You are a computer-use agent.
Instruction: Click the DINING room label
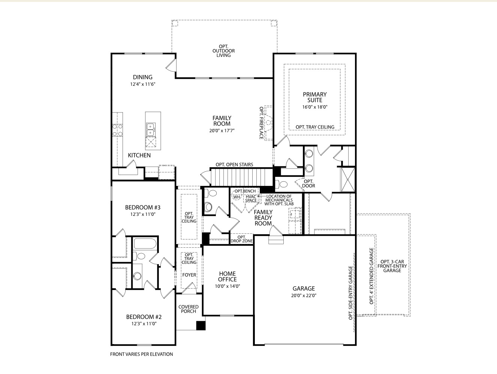coord(142,77)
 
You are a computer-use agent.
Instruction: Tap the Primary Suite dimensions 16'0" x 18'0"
coord(314,107)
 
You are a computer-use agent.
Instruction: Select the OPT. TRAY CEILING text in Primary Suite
coord(315,127)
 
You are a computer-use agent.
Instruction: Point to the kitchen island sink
coord(151,129)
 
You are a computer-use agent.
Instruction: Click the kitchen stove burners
coord(118,130)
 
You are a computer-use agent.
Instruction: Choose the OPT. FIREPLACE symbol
coord(268,123)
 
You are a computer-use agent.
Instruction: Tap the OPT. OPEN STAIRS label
coord(234,165)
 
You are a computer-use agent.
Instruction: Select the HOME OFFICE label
coord(228,277)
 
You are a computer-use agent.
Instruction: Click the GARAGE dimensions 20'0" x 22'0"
coord(304,295)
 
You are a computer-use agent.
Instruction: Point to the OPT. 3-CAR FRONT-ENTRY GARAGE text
coord(392,266)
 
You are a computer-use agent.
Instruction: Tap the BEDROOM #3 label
coord(142,208)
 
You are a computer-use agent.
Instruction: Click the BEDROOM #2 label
coord(144,317)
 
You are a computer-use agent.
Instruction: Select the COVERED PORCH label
coord(188,309)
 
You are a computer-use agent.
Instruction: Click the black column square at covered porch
coord(201,326)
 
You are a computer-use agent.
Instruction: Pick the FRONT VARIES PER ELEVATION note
coord(141,354)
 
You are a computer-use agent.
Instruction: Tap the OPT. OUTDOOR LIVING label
coord(223,51)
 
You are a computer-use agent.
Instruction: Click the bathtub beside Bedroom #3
coord(145,244)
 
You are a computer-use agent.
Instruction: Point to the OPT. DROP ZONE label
coord(242,239)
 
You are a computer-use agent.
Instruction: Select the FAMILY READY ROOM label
coord(263,218)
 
